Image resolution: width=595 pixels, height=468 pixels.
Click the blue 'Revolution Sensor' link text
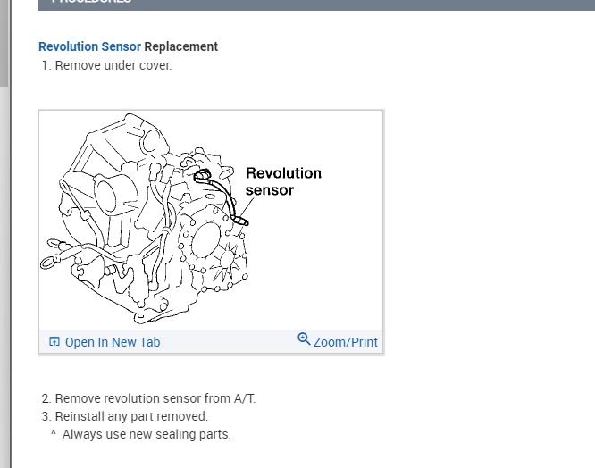coord(89,46)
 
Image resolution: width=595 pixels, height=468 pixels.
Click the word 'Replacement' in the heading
coord(181,46)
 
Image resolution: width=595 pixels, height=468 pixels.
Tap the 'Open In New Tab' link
coord(113,342)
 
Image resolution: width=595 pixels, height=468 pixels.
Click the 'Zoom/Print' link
coord(345,342)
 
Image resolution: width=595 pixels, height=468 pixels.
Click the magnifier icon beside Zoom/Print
coord(304,339)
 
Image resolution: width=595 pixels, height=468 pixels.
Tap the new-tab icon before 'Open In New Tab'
coord(54,342)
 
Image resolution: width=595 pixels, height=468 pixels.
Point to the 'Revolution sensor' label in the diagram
coord(282,181)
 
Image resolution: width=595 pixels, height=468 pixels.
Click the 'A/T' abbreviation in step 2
coord(244,398)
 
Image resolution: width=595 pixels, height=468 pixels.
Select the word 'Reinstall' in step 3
coord(80,416)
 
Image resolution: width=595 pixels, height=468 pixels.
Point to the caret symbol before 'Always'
coord(54,434)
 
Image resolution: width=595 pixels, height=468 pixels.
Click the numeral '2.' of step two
coord(46,398)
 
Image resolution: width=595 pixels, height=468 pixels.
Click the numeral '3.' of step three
coord(46,416)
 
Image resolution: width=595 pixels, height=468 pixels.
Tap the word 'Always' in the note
coord(83,434)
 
